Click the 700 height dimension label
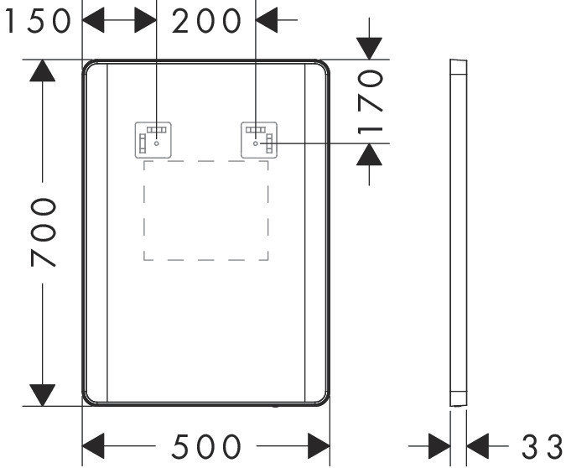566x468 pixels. pyautogui.click(x=44, y=232)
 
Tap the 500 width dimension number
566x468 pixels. pyautogui.click(x=206, y=446)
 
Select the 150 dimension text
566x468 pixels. pyautogui.click(x=39, y=21)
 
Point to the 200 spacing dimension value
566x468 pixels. pyautogui.click(x=206, y=21)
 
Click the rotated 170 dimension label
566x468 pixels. pyautogui.click(x=370, y=102)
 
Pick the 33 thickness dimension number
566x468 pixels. pyautogui.click(x=543, y=447)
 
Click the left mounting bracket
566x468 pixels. pyautogui.click(x=153, y=140)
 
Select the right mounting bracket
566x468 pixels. pyautogui.click(x=259, y=140)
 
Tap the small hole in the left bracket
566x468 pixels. pyautogui.click(x=157, y=143)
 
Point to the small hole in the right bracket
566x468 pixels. pyautogui.click(x=256, y=143)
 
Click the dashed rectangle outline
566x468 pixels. pyautogui.click(x=206, y=161)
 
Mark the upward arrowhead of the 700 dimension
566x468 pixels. pyautogui.click(x=43, y=70)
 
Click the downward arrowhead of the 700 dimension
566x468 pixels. pyautogui.click(x=43, y=395)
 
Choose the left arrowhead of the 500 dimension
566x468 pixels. pyautogui.click(x=93, y=446)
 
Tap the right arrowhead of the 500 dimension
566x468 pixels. pyautogui.click(x=319, y=446)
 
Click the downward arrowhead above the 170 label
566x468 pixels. pyautogui.click(x=369, y=49)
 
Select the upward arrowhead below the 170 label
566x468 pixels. pyautogui.click(x=369, y=154)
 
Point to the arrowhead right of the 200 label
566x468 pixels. pyautogui.click(x=267, y=20)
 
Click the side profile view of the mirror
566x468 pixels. pyautogui.click(x=459, y=232)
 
